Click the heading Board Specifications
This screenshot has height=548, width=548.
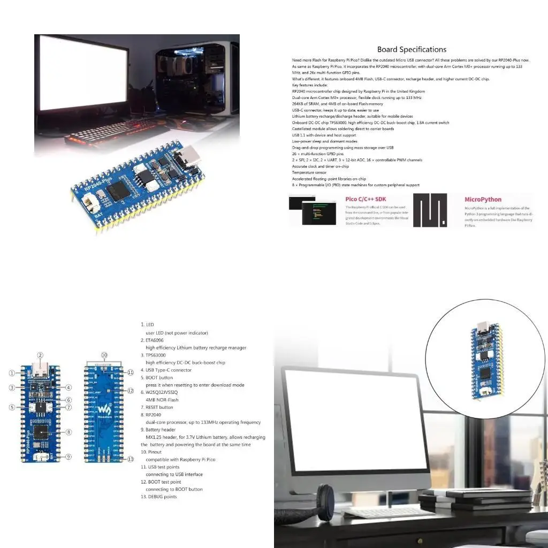click(412, 49)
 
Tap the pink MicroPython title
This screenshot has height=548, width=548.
click(483, 200)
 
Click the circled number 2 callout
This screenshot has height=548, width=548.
click(40, 355)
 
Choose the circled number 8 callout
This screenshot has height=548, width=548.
click(68, 432)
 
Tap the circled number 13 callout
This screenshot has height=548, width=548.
click(130, 459)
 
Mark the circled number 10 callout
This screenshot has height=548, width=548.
click(104, 355)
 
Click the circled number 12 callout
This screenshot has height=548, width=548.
click(130, 391)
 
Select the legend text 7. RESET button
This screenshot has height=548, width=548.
click(159, 407)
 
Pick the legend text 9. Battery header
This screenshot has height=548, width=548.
click(161, 430)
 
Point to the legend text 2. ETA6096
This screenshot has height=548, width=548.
click(155, 340)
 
